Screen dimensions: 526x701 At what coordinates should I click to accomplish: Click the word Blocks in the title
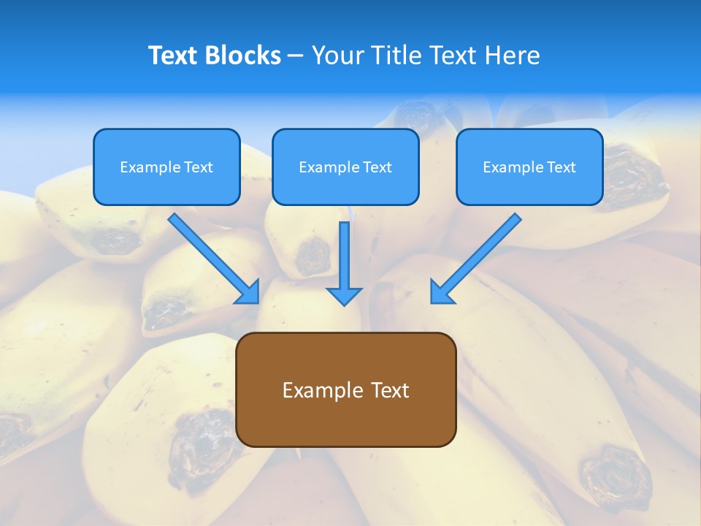(245, 56)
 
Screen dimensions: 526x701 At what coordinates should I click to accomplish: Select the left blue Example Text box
(166, 167)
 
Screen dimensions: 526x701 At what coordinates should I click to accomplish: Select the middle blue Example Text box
(345, 167)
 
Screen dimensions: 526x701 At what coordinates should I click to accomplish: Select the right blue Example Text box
(529, 167)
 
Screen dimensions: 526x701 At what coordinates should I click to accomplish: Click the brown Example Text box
(346, 390)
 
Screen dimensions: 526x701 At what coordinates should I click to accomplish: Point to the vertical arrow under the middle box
(344, 256)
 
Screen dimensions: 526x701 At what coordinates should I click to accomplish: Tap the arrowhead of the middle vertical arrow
(344, 296)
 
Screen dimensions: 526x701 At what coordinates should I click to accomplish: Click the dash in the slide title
(296, 56)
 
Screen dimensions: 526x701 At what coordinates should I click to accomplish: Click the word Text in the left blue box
(198, 167)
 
